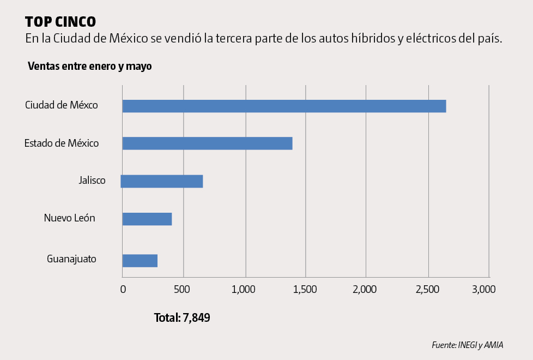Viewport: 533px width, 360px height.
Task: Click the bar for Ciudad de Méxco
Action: (284, 106)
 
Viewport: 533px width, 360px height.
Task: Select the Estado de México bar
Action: (207, 143)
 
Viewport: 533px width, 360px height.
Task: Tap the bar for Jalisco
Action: (162, 181)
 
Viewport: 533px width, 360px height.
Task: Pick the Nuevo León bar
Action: (147, 219)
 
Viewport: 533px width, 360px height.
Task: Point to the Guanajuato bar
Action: (140, 260)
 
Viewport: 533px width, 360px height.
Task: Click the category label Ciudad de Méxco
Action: (62, 105)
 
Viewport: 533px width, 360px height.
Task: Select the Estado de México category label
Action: (62, 143)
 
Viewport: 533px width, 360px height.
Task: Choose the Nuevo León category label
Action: (70, 218)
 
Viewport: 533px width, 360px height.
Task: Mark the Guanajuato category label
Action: (71, 259)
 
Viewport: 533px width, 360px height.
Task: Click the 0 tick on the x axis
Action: (123, 290)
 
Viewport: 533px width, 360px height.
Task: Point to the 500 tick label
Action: (184, 290)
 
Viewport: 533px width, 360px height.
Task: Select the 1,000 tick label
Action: (244, 290)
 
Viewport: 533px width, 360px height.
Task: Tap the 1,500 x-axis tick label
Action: (305, 290)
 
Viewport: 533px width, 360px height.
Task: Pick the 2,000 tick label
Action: (365, 290)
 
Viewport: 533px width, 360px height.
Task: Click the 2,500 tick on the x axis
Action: (427, 290)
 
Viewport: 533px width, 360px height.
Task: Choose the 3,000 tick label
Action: (483, 290)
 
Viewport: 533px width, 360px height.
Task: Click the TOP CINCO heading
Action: (60, 21)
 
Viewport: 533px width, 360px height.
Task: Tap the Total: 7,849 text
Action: (182, 317)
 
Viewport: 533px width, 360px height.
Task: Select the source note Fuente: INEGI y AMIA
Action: (467, 345)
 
